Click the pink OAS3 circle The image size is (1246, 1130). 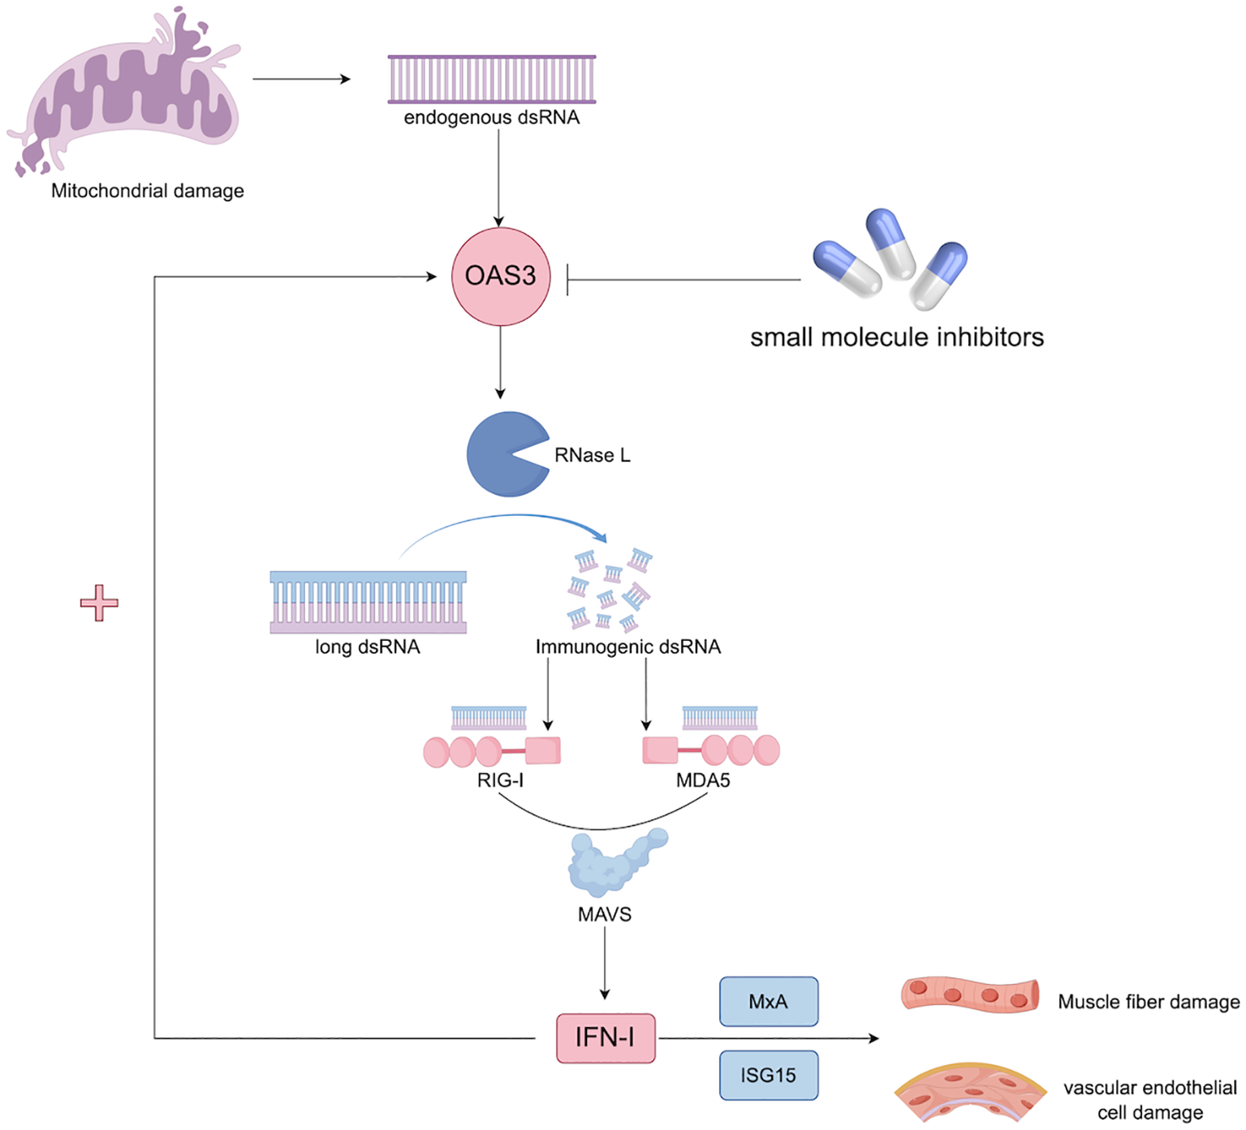click(x=500, y=276)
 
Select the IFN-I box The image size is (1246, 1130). click(x=606, y=1038)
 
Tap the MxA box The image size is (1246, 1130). click(x=768, y=1001)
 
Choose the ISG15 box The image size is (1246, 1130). click(x=768, y=1075)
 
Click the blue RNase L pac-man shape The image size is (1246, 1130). click(x=499, y=454)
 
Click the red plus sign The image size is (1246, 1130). click(x=99, y=603)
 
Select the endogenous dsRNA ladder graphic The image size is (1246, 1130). click(x=492, y=79)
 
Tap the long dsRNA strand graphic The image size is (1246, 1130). click(x=368, y=602)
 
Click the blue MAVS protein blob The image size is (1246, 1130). click(x=613, y=864)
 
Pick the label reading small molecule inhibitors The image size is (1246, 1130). click(x=896, y=337)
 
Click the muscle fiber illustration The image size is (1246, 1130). click(x=970, y=995)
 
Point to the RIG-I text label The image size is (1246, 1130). click(x=500, y=780)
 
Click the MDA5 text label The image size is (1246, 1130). click(x=703, y=780)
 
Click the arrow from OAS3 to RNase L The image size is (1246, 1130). click(x=500, y=361)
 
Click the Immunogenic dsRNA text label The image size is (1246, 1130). click(x=627, y=647)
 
